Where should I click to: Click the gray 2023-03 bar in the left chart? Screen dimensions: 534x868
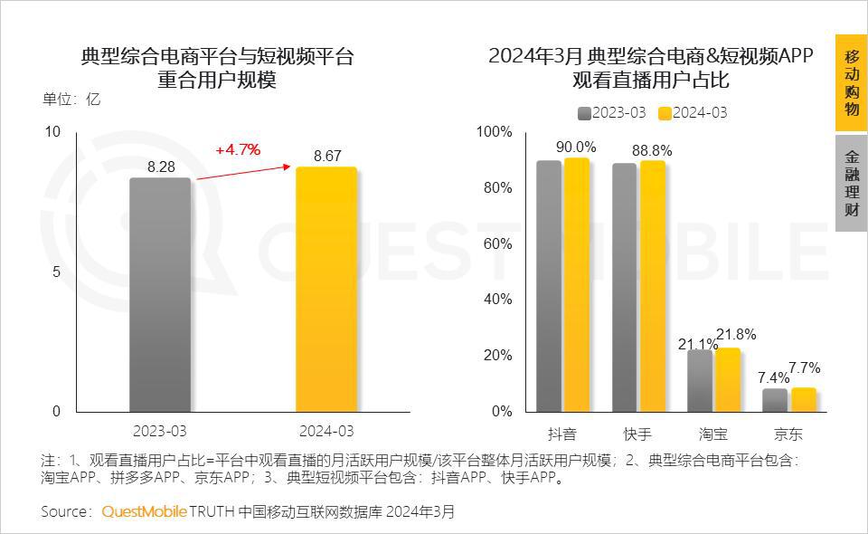[160, 294]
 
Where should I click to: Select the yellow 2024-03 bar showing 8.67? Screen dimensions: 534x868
[326, 290]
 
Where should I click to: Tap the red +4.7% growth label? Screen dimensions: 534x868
[238, 149]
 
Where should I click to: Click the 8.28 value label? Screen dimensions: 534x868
[161, 167]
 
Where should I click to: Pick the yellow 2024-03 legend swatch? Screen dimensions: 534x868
[665, 113]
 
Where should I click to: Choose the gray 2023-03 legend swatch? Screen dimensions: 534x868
[584, 113]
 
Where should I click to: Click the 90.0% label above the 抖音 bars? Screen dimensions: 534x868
[576, 147]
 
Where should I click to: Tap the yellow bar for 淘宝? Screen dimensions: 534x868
[727, 379]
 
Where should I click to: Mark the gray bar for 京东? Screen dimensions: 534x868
[775, 400]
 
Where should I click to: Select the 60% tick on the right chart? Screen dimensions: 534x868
[494, 243]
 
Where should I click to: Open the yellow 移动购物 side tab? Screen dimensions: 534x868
[851, 82]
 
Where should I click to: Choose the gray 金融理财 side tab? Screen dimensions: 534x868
[851, 184]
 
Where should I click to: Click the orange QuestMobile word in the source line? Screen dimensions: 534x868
[144, 511]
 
